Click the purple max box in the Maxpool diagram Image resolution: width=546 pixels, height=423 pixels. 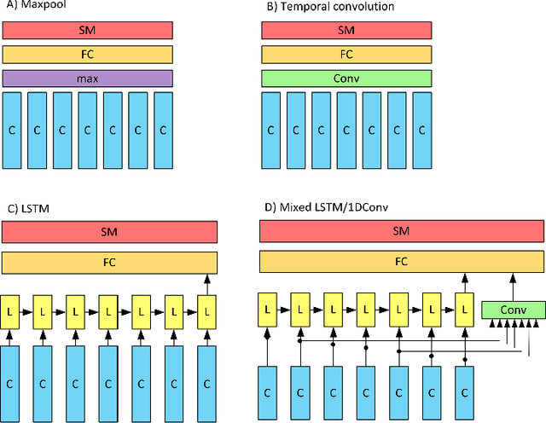(88, 79)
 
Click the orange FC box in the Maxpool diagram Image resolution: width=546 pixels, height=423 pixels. (88, 55)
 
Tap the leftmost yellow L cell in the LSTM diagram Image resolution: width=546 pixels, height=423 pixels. (9, 310)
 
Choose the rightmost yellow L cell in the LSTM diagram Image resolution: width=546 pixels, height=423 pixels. (206, 310)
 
